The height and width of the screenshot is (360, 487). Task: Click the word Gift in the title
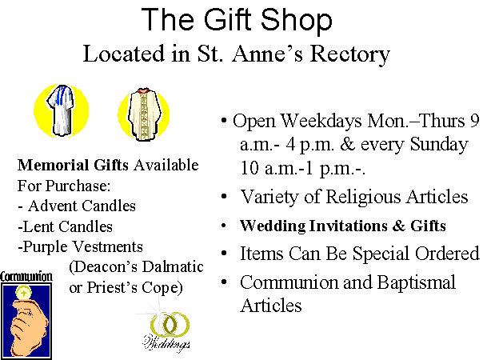point(228,19)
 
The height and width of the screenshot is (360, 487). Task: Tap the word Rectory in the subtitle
point(350,54)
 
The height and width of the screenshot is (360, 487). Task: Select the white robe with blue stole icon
point(62,110)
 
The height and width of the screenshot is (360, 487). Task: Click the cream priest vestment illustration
point(144,114)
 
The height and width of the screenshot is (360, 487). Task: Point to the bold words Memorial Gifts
point(73,165)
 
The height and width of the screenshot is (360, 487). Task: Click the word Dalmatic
point(173,267)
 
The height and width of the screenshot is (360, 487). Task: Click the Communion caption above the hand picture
point(26,277)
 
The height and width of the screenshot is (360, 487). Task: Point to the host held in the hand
point(24,293)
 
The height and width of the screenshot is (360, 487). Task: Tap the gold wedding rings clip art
point(170,324)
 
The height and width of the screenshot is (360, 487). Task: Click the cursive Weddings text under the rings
point(166,343)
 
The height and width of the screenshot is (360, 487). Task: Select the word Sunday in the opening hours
point(439,145)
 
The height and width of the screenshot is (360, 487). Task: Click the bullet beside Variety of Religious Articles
point(224,196)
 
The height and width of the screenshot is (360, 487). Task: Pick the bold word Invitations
point(348,226)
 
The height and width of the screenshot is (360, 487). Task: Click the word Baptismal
point(416,282)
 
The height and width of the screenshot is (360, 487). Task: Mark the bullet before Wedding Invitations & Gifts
point(224,226)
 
